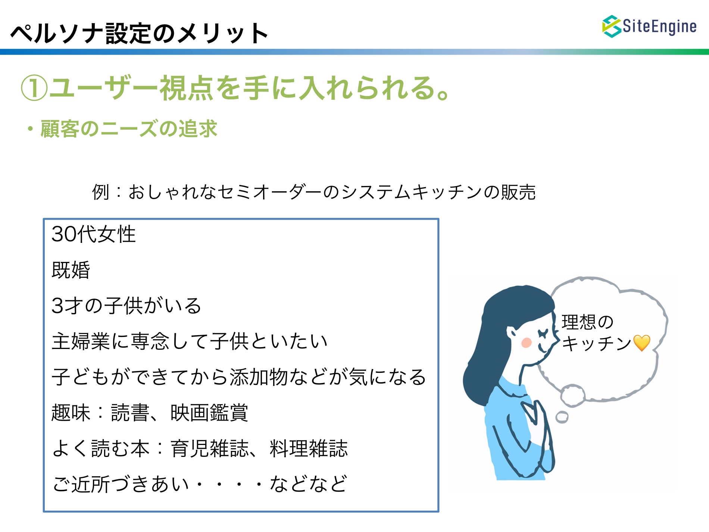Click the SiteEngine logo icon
(x=612, y=26)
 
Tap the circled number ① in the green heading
(x=34, y=88)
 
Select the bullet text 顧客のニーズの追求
(x=129, y=129)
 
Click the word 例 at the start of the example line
(x=101, y=192)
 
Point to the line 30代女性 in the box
(x=94, y=234)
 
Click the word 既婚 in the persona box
(x=71, y=270)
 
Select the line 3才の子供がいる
(x=127, y=306)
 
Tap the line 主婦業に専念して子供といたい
(x=190, y=341)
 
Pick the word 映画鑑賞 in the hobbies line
(x=209, y=413)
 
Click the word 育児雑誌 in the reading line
(x=209, y=448)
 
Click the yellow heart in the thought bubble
(x=642, y=343)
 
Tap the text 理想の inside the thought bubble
(x=588, y=322)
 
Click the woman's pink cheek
(x=527, y=343)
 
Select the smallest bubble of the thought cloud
(x=562, y=417)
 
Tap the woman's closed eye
(x=543, y=332)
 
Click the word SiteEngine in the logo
(x=659, y=26)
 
